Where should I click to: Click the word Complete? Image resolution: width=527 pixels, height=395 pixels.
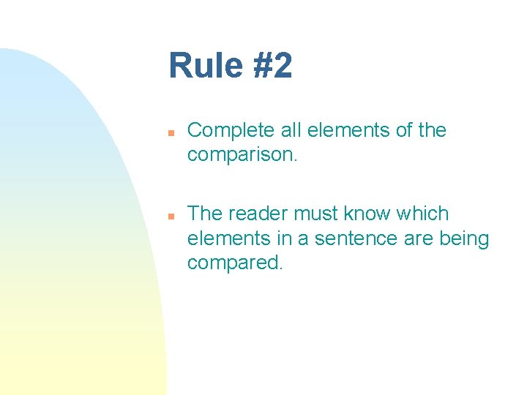point(231,130)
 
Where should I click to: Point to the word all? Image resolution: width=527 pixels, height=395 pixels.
point(292,130)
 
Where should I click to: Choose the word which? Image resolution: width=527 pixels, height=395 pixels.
point(424,214)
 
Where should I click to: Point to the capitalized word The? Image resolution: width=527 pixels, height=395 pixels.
point(205,214)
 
